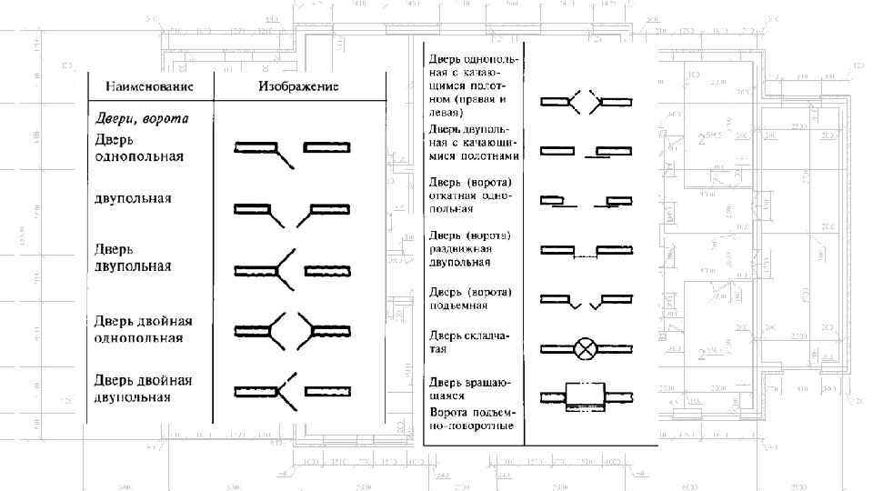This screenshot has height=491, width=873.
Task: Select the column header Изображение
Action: (x=298, y=87)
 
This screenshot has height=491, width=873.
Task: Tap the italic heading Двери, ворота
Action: (x=142, y=118)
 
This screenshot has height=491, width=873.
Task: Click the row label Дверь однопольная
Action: (x=139, y=148)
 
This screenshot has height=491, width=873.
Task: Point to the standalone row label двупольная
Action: (x=133, y=197)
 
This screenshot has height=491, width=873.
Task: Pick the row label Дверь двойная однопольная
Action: (x=144, y=329)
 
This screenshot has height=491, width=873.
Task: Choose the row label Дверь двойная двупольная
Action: (x=144, y=388)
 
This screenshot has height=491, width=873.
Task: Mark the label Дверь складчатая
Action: (x=469, y=342)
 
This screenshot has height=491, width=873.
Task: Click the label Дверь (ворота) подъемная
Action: (x=469, y=299)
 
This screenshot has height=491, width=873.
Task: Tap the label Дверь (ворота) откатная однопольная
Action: (x=470, y=195)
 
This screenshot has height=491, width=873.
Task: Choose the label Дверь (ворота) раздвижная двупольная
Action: (x=470, y=248)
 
